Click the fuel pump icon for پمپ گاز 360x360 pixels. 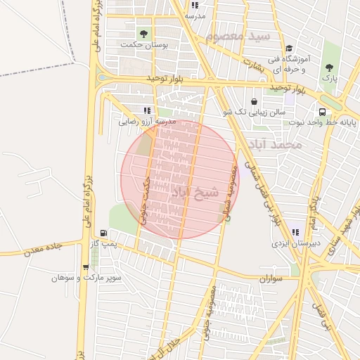click(104, 233)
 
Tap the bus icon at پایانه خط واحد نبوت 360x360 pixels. click(322, 112)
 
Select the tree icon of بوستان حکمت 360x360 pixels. click(144, 33)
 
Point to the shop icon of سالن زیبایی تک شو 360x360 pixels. click(254, 101)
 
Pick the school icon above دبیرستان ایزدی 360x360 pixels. click(295, 232)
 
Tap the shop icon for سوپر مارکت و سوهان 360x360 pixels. click(86, 267)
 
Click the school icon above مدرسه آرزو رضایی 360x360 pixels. click(147, 110)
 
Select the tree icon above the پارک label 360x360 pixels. click(330, 67)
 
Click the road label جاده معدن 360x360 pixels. click(43, 249)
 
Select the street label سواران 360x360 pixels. click(269, 279)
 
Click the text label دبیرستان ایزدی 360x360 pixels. click(296, 243)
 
